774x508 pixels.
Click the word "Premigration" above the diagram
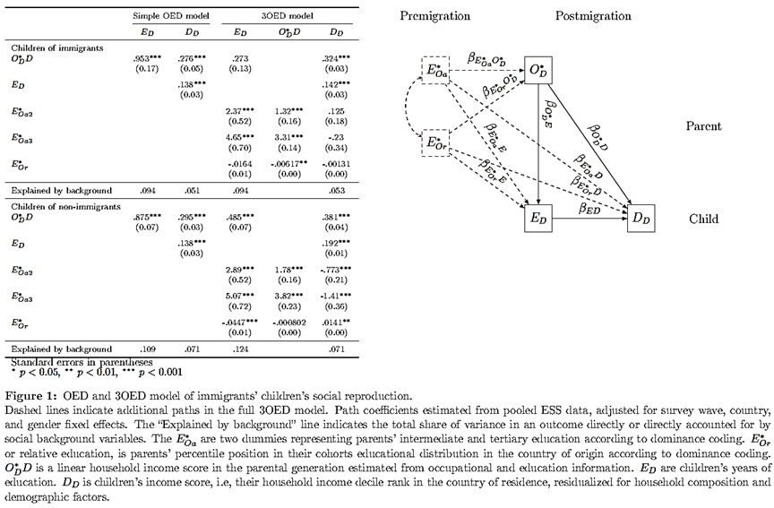tap(434, 16)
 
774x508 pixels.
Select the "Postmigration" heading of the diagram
tap(592, 16)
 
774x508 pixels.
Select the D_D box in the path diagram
tap(641, 218)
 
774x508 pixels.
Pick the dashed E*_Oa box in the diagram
tap(436, 71)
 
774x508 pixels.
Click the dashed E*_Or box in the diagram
tap(436, 142)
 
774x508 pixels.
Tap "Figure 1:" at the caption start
tap(30, 396)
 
